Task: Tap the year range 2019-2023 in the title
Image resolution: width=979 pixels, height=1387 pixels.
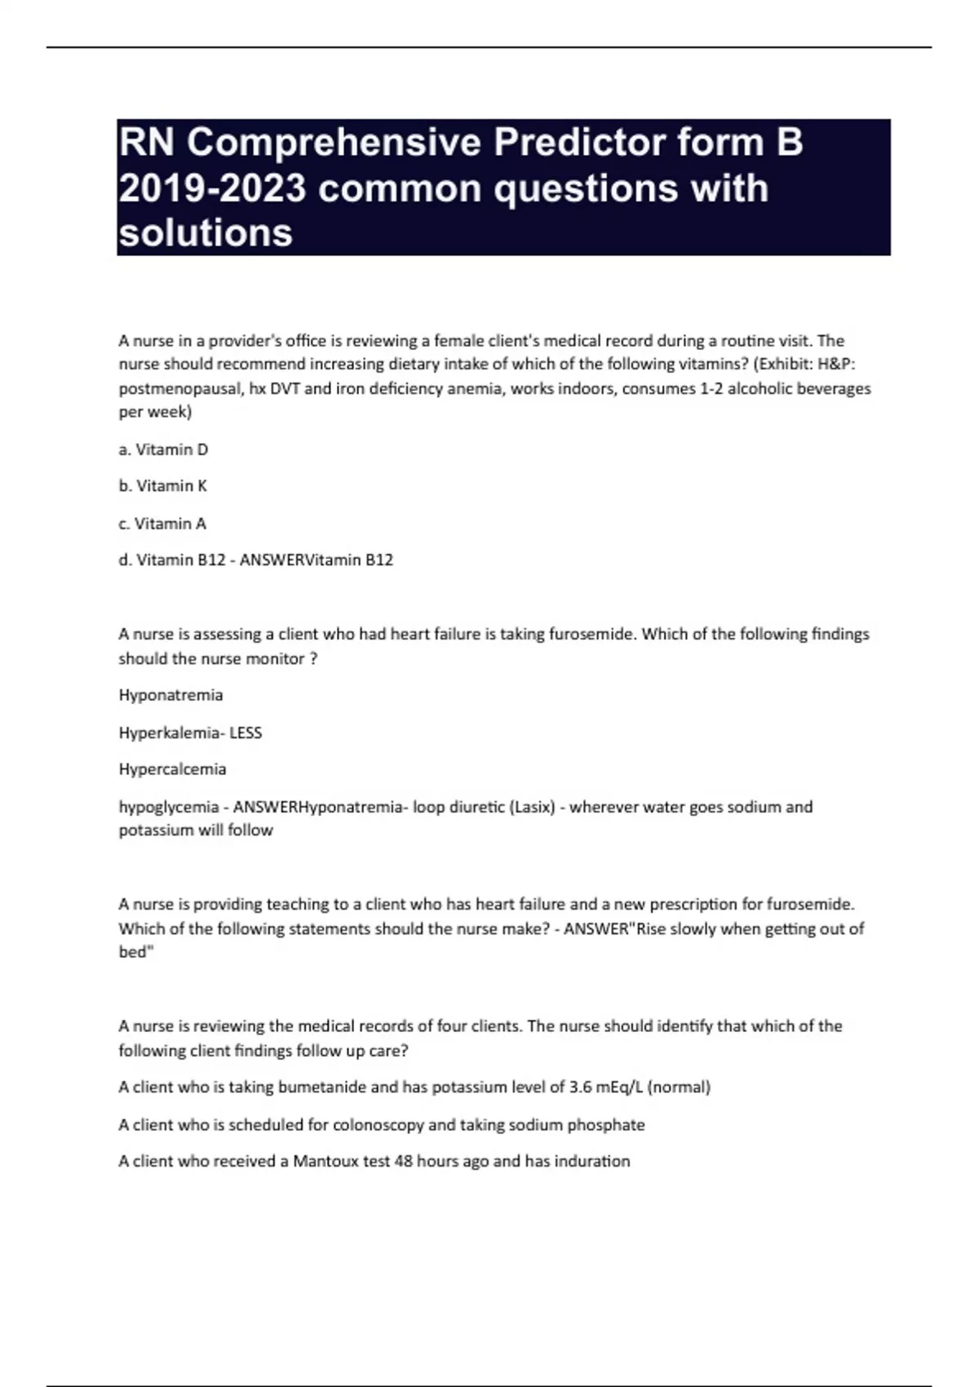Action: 212,188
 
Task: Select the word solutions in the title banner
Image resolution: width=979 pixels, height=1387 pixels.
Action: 206,233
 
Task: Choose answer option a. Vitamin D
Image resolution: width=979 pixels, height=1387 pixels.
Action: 163,450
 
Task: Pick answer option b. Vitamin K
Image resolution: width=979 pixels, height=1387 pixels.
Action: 162,486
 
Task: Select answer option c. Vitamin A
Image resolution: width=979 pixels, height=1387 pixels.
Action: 162,524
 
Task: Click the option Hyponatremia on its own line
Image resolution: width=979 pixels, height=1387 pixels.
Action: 171,695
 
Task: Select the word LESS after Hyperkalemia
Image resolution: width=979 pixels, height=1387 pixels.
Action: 246,733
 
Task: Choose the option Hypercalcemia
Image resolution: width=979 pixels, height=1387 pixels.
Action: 172,769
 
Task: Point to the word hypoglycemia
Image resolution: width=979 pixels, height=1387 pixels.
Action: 169,807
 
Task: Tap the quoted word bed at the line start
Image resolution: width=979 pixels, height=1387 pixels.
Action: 134,952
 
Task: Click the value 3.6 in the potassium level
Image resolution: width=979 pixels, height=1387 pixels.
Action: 580,1088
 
